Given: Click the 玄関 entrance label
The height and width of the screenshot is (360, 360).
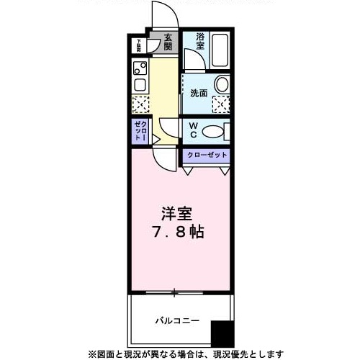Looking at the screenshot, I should pos(168,42).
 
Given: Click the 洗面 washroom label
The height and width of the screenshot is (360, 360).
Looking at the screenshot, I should pos(199,93).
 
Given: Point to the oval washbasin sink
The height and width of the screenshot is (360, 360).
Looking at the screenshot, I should pos(221,85).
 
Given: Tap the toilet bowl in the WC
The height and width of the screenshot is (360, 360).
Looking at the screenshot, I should pos(213,132).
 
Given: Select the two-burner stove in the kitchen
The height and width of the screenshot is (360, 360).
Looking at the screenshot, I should pos(140,69).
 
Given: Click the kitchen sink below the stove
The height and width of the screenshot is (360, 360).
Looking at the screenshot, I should pos(140,85).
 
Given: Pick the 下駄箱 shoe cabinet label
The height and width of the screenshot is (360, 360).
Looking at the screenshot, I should pos(136,45).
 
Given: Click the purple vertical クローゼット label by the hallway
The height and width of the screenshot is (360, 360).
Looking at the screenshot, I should pos(140,132).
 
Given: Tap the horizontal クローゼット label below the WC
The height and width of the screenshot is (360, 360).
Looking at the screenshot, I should pos(207,156).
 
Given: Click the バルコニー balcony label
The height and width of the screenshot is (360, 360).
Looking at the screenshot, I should pos(176,320).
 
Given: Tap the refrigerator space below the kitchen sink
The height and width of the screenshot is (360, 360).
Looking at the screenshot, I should pos(140,104).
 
